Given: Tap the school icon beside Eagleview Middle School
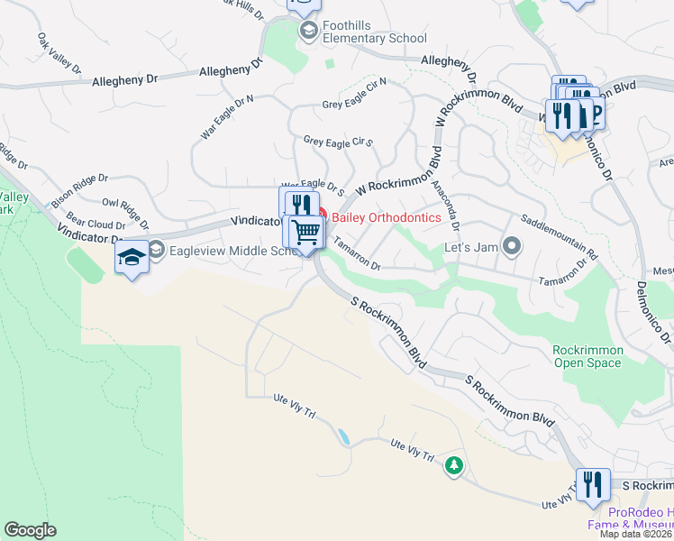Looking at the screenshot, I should click(x=155, y=249).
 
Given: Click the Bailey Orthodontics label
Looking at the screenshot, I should click(x=387, y=217).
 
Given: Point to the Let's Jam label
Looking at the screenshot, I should click(x=470, y=246).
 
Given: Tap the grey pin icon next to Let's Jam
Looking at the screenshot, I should click(x=512, y=244).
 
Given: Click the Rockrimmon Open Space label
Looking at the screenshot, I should click(x=587, y=356).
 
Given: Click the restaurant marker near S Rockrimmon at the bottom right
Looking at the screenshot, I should click(x=593, y=485).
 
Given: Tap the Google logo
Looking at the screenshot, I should click(x=30, y=530).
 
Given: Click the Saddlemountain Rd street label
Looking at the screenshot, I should click(x=560, y=237).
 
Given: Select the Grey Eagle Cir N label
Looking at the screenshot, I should click(x=354, y=93).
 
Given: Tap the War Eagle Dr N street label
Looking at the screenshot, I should click(x=227, y=116).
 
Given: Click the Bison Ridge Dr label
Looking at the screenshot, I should click(x=78, y=185).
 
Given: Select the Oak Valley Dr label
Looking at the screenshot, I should click(x=59, y=54).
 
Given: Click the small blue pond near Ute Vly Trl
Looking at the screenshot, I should click(x=343, y=436).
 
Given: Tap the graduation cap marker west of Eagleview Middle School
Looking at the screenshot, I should click(x=132, y=259).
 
